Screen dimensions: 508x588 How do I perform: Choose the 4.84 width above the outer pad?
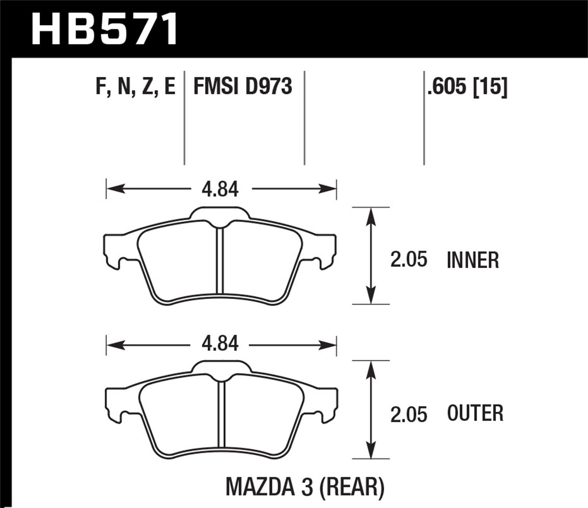(x=220, y=344)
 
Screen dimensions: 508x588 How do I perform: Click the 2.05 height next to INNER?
(x=408, y=260)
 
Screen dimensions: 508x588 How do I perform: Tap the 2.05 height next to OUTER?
(x=408, y=415)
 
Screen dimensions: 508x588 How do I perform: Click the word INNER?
(x=473, y=260)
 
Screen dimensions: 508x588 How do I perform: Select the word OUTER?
(x=475, y=414)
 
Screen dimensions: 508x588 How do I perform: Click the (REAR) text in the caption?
(x=352, y=487)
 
